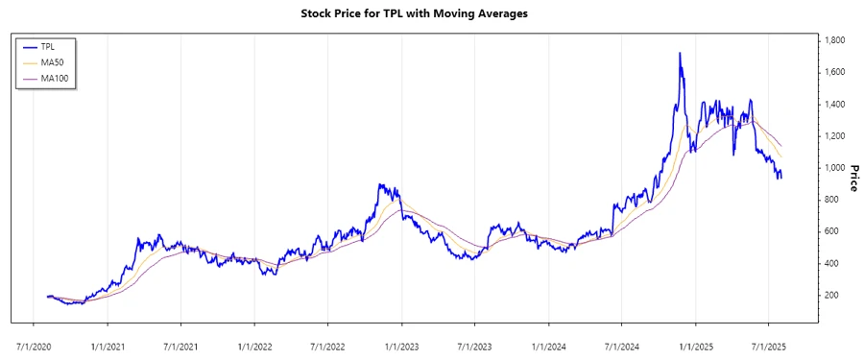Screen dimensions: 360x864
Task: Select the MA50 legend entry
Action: coord(54,62)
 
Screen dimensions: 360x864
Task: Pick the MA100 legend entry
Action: coord(56,78)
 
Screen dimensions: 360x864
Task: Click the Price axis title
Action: coord(852,168)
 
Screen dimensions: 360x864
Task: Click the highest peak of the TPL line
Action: coord(680,53)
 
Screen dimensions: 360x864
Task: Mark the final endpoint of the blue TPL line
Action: coord(781,177)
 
